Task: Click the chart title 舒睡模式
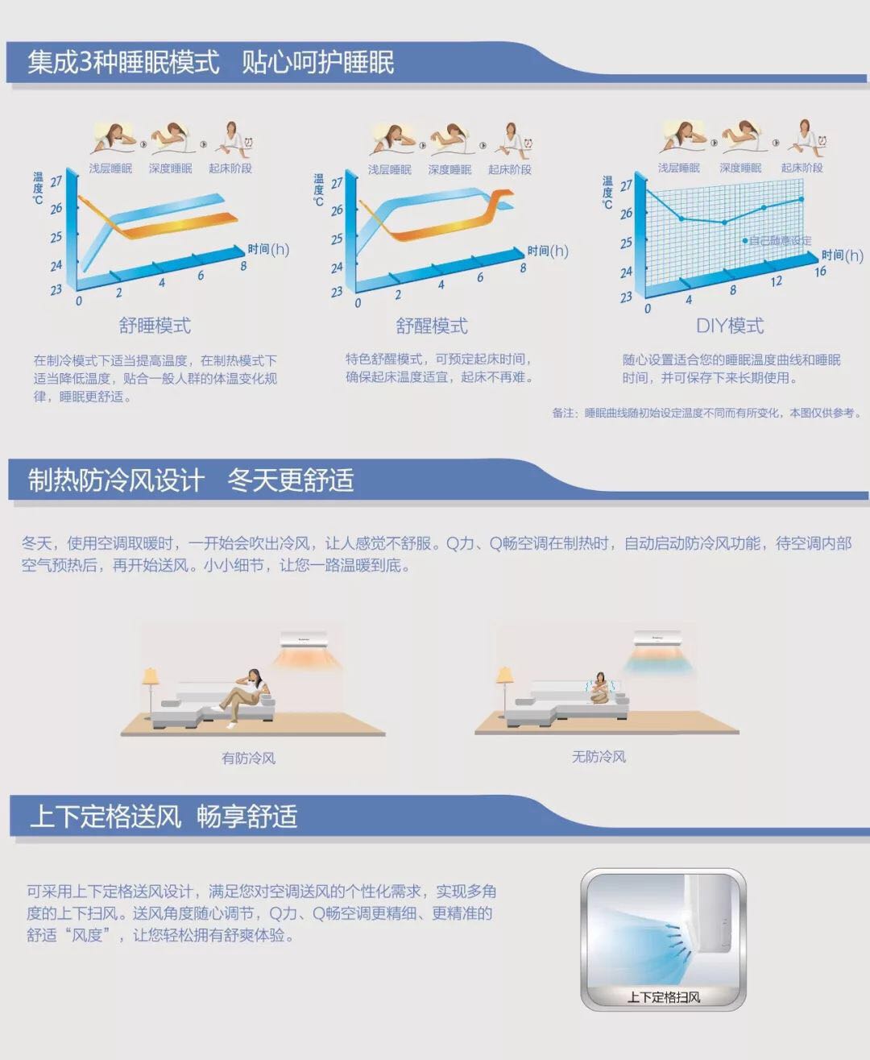click(155, 325)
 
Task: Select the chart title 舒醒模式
click(432, 326)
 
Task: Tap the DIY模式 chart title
click(730, 326)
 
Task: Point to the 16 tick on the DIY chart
click(820, 272)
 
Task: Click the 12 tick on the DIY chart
click(776, 281)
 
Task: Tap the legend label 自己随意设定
click(780, 241)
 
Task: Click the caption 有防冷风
click(249, 758)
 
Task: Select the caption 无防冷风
click(599, 757)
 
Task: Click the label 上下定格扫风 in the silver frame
click(664, 997)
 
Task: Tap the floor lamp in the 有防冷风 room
click(150, 692)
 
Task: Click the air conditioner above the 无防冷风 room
click(657, 638)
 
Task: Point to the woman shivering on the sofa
click(600, 688)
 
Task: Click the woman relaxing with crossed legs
click(243, 697)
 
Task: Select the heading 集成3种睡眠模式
click(123, 62)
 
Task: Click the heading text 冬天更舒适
click(291, 480)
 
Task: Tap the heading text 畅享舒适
click(247, 817)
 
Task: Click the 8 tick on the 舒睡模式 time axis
click(243, 266)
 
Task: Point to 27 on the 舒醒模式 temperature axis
click(337, 183)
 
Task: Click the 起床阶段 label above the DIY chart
click(802, 168)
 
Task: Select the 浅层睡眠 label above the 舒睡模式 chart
click(110, 168)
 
